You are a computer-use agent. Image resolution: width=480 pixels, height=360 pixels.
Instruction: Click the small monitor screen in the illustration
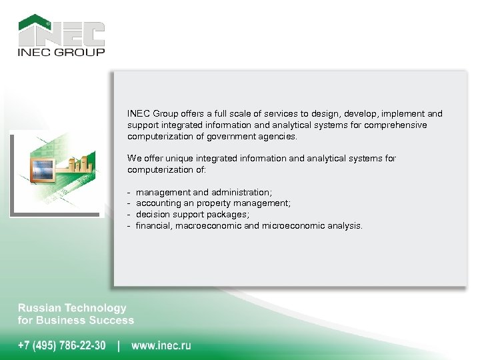pos(43,167)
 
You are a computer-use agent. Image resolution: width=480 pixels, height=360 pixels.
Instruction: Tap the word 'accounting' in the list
pos(157,203)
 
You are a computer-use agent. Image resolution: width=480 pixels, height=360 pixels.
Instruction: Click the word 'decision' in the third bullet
pos(153,215)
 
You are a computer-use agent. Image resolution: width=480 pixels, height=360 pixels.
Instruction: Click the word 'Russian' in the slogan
pos(39,308)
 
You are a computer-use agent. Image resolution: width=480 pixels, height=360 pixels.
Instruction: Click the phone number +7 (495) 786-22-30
pos(61,345)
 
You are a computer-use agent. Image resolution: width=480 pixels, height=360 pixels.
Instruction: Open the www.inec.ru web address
pos(161,345)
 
